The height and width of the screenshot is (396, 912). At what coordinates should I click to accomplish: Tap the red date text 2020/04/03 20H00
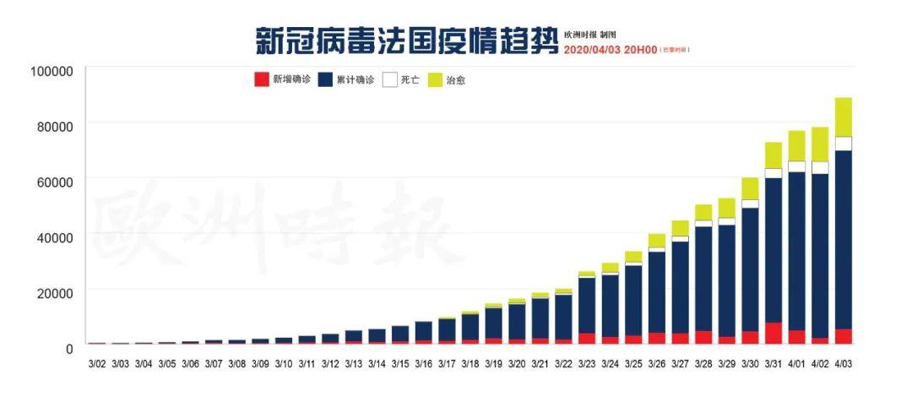[x=611, y=50]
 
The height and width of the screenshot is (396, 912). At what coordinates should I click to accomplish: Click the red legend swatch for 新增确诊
[x=261, y=80]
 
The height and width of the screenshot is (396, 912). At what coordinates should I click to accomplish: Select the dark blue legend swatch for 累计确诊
[x=325, y=80]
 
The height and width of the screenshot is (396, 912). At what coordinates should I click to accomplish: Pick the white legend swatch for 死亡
[x=389, y=80]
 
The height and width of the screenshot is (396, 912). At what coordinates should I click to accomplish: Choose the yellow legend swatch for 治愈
[x=436, y=80]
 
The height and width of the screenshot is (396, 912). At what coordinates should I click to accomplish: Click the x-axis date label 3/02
[x=97, y=364]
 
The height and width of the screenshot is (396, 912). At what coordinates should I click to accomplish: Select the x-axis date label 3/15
[x=400, y=364]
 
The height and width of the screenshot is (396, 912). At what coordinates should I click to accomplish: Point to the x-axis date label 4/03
[x=844, y=364]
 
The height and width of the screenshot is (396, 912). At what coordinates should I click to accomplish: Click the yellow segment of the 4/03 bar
[x=844, y=117]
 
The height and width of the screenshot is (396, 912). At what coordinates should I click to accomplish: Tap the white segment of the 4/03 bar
[x=844, y=143]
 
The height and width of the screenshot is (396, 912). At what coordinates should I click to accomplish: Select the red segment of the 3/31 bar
[x=774, y=333]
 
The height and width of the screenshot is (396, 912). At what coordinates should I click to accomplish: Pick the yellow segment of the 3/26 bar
[x=657, y=241]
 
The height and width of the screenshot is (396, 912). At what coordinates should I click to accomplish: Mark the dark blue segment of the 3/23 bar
[x=587, y=305]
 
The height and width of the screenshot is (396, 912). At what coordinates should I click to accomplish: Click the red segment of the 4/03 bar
[x=844, y=336]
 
